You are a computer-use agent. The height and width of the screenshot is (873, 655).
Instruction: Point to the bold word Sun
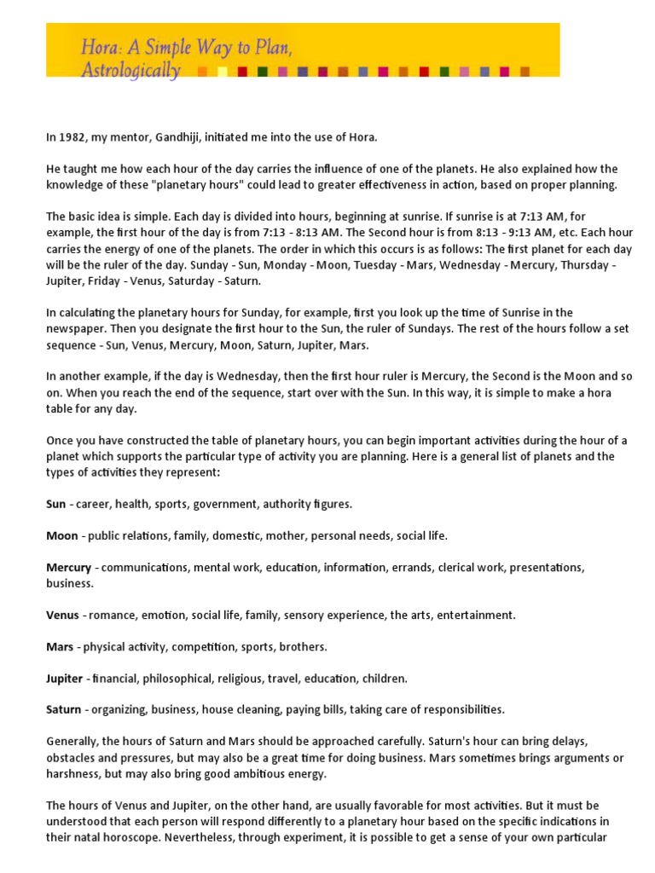[56, 504]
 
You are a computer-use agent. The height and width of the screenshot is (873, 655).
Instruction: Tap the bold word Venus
[62, 615]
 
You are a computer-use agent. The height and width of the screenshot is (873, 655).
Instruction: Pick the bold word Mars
[60, 647]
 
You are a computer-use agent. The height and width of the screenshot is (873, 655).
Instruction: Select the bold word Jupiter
[65, 679]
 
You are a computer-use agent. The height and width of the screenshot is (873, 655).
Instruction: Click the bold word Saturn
[64, 710]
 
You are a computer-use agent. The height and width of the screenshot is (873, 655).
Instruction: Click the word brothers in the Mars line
[304, 647]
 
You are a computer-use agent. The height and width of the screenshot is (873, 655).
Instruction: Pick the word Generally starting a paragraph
[72, 742]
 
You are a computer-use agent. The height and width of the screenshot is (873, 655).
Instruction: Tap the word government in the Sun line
[224, 504]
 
